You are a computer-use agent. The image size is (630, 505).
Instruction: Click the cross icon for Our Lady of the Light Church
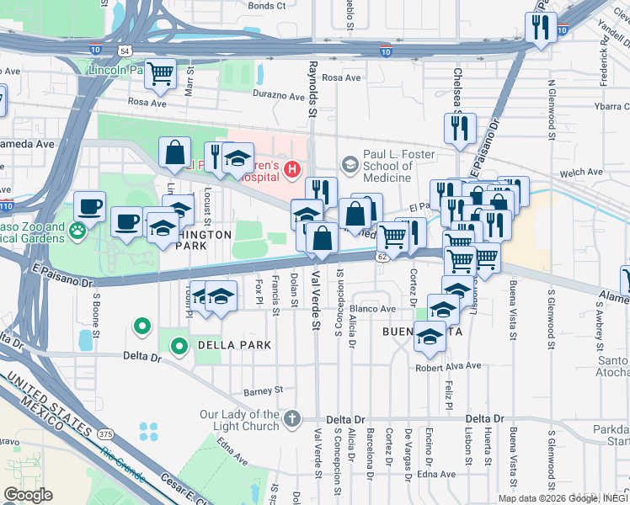click(291, 418)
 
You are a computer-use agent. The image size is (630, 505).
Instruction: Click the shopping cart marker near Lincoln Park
click(159, 73)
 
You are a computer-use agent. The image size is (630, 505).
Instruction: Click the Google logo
click(28, 495)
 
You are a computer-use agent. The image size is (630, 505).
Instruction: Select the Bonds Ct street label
click(267, 5)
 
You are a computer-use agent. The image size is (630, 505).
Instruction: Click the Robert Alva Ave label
click(447, 366)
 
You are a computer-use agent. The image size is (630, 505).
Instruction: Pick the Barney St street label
click(264, 391)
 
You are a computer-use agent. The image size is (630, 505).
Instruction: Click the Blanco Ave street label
click(372, 309)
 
